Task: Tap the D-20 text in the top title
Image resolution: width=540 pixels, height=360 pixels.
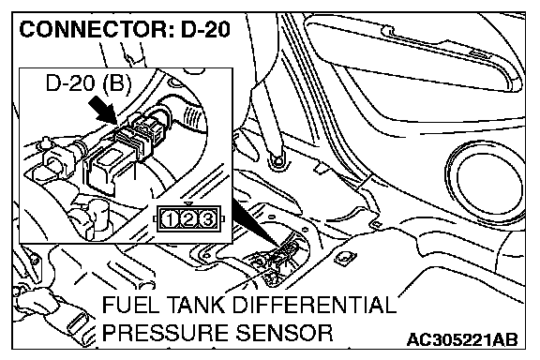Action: [x=205, y=29]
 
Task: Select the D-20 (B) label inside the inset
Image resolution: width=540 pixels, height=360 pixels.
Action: [x=88, y=82]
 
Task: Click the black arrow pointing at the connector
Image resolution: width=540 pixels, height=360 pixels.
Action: [x=102, y=110]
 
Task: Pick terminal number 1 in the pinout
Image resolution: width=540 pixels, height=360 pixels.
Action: [x=170, y=219]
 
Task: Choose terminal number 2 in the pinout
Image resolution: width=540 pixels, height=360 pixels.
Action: [x=188, y=219]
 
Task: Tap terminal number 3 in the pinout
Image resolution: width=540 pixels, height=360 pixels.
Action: [x=207, y=219]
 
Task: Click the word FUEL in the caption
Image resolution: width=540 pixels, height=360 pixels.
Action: [x=128, y=305]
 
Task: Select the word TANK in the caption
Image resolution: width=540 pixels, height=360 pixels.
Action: [x=193, y=305]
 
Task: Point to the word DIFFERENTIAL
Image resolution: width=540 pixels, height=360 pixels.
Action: [x=314, y=305]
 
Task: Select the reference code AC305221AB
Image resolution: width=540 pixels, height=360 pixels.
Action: [x=462, y=339]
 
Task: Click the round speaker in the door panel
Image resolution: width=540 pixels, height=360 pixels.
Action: [x=484, y=182]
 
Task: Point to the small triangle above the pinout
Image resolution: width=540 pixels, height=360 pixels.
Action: [x=187, y=204]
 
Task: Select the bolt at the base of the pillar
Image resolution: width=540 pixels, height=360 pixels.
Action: [x=277, y=160]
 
